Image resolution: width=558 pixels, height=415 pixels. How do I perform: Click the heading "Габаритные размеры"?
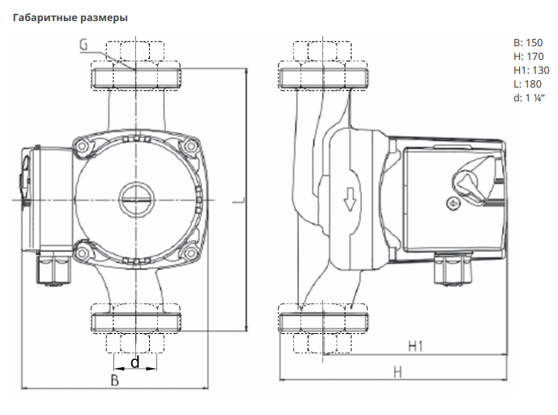tap(70, 18)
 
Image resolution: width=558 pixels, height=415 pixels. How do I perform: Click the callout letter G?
tap(83, 45)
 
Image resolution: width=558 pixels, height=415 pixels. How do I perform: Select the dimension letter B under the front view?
tap(114, 380)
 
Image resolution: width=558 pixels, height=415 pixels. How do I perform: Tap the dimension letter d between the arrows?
tap(135, 362)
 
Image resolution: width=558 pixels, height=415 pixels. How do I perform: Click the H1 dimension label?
tap(415, 346)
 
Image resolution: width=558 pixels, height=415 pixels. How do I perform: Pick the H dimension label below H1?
tap(398, 372)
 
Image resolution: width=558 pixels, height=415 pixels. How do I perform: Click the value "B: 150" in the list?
tap(528, 43)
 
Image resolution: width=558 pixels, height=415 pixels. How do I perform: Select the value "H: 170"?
tap(529, 56)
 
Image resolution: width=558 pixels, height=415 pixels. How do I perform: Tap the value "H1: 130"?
tap(531, 71)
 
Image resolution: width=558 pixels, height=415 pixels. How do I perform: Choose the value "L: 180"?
tap(527, 84)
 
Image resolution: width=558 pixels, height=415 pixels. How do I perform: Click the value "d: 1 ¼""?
tap(529, 97)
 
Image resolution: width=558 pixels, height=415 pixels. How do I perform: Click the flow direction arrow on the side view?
tap(350, 199)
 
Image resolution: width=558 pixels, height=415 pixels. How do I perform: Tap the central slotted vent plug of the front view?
tap(137, 199)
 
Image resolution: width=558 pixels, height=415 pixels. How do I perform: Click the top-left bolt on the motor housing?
tap(83, 146)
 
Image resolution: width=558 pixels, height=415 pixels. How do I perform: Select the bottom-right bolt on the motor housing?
tap(191, 253)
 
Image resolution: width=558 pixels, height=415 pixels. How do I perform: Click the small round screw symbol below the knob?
tap(453, 203)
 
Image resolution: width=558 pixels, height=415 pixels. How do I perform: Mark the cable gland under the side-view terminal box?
tap(452, 267)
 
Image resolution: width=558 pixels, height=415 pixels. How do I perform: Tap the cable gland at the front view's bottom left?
tap(54, 267)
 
